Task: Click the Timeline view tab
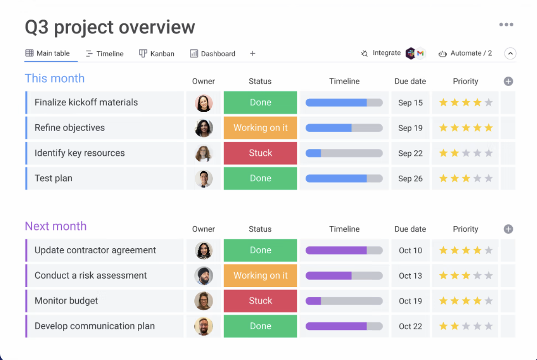coord(104,53)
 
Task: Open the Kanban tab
coord(157,53)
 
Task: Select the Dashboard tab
coord(212,53)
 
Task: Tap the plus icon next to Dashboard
coord(253,53)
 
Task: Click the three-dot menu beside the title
coord(506,25)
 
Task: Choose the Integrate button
coord(381,53)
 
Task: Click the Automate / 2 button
coord(465,53)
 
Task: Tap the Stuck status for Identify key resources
coord(260,153)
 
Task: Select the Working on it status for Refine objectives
coord(260,128)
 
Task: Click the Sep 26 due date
coord(410,179)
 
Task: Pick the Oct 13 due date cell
coord(410,276)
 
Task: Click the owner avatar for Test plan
coord(204,179)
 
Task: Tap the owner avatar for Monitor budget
coord(204,301)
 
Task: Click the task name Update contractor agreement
coord(95,250)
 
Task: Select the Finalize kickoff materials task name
coord(86,102)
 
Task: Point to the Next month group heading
coord(56,226)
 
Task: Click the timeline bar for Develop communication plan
coord(344,326)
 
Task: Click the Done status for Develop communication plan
coord(260,326)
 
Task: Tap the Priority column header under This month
coord(466,81)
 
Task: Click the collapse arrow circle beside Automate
coord(510,53)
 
